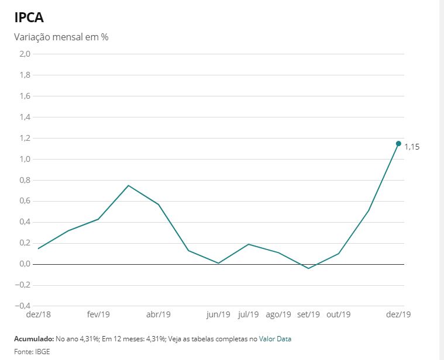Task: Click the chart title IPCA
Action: pyautogui.click(x=29, y=18)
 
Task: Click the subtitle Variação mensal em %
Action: pyautogui.click(x=61, y=37)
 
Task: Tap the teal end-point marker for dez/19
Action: pyautogui.click(x=398, y=144)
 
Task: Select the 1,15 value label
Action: pyautogui.click(x=412, y=147)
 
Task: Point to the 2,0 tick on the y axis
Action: pyautogui.click(x=25, y=54)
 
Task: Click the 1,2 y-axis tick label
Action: pyautogui.click(x=25, y=138)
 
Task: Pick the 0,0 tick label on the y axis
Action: pyautogui.click(x=25, y=264)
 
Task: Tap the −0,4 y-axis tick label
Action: pyautogui.click(x=22, y=306)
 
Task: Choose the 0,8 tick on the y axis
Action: pyautogui.click(x=25, y=180)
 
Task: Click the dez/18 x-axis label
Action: pyautogui.click(x=38, y=314)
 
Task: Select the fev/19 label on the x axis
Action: pyautogui.click(x=98, y=314)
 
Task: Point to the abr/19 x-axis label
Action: pyautogui.click(x=159, y=314)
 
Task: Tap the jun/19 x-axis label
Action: pyautogui.click(x=218, y=314)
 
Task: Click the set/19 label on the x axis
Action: pyautogui.click(x=308, y=314)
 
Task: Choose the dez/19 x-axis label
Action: pyautogui.click(x=398, y=314)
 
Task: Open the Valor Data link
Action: pyautogui.click(x=275, y=339)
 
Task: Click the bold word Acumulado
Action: pyautogui.click(x=34, y=339)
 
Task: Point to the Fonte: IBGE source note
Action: pyautogui.click(x=32, y=352)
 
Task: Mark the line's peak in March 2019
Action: pyautogui.click(x=128, y=185)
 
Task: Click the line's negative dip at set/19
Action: pyautogui.click(x=308, y=268)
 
